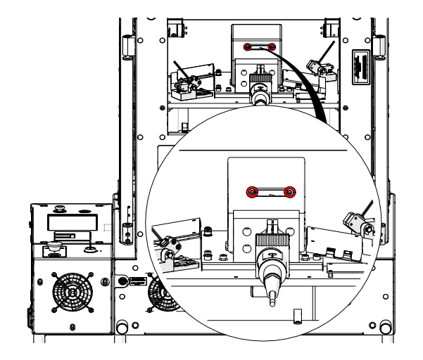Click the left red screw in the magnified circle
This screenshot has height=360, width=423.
[251, 191]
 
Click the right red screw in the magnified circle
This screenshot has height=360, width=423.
[291, 191]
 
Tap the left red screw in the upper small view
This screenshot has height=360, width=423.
[247, 48]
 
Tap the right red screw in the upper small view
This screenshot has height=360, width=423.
[272, 48]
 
